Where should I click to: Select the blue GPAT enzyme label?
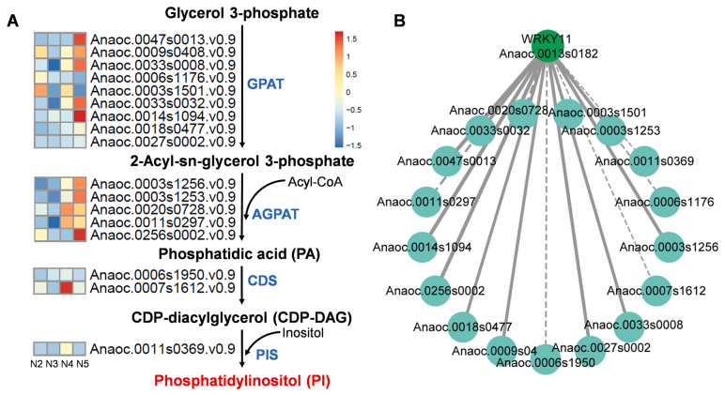[264, 84]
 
